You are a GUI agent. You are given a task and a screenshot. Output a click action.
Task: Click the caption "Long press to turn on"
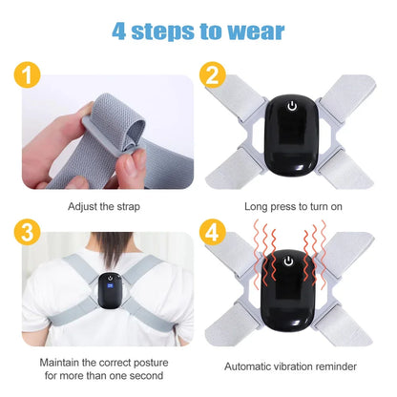(x=294, y=205)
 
